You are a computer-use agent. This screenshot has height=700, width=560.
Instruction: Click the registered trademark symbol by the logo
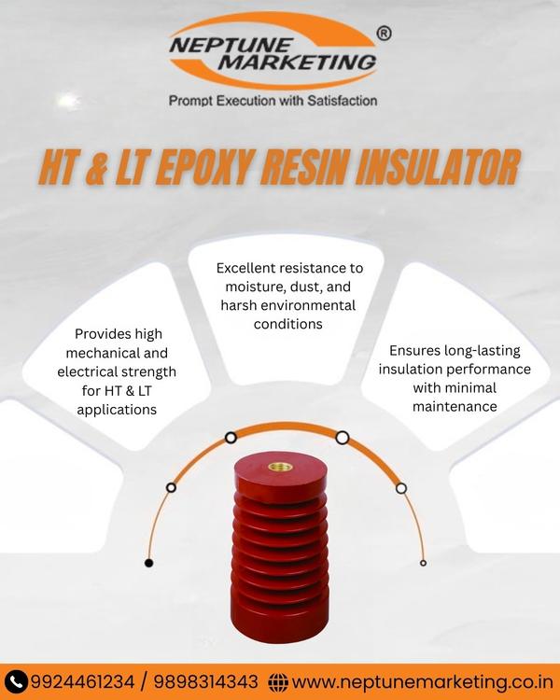384,34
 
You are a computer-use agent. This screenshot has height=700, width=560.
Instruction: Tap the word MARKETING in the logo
298,63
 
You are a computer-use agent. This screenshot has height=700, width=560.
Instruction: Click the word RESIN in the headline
304,167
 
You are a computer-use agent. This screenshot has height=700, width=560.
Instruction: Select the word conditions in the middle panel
288,324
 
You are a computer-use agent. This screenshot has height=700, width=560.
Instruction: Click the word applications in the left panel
117,410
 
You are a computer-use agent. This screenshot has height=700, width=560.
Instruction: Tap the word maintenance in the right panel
455,406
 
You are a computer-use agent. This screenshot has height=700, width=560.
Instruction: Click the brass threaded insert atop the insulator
280,467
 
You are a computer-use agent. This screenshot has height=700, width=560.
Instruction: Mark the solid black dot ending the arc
149,563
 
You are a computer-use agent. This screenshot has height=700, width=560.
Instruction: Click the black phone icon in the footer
16,682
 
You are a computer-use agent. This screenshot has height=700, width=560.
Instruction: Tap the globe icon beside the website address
278,682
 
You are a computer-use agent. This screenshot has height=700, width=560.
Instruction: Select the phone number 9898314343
206,682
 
